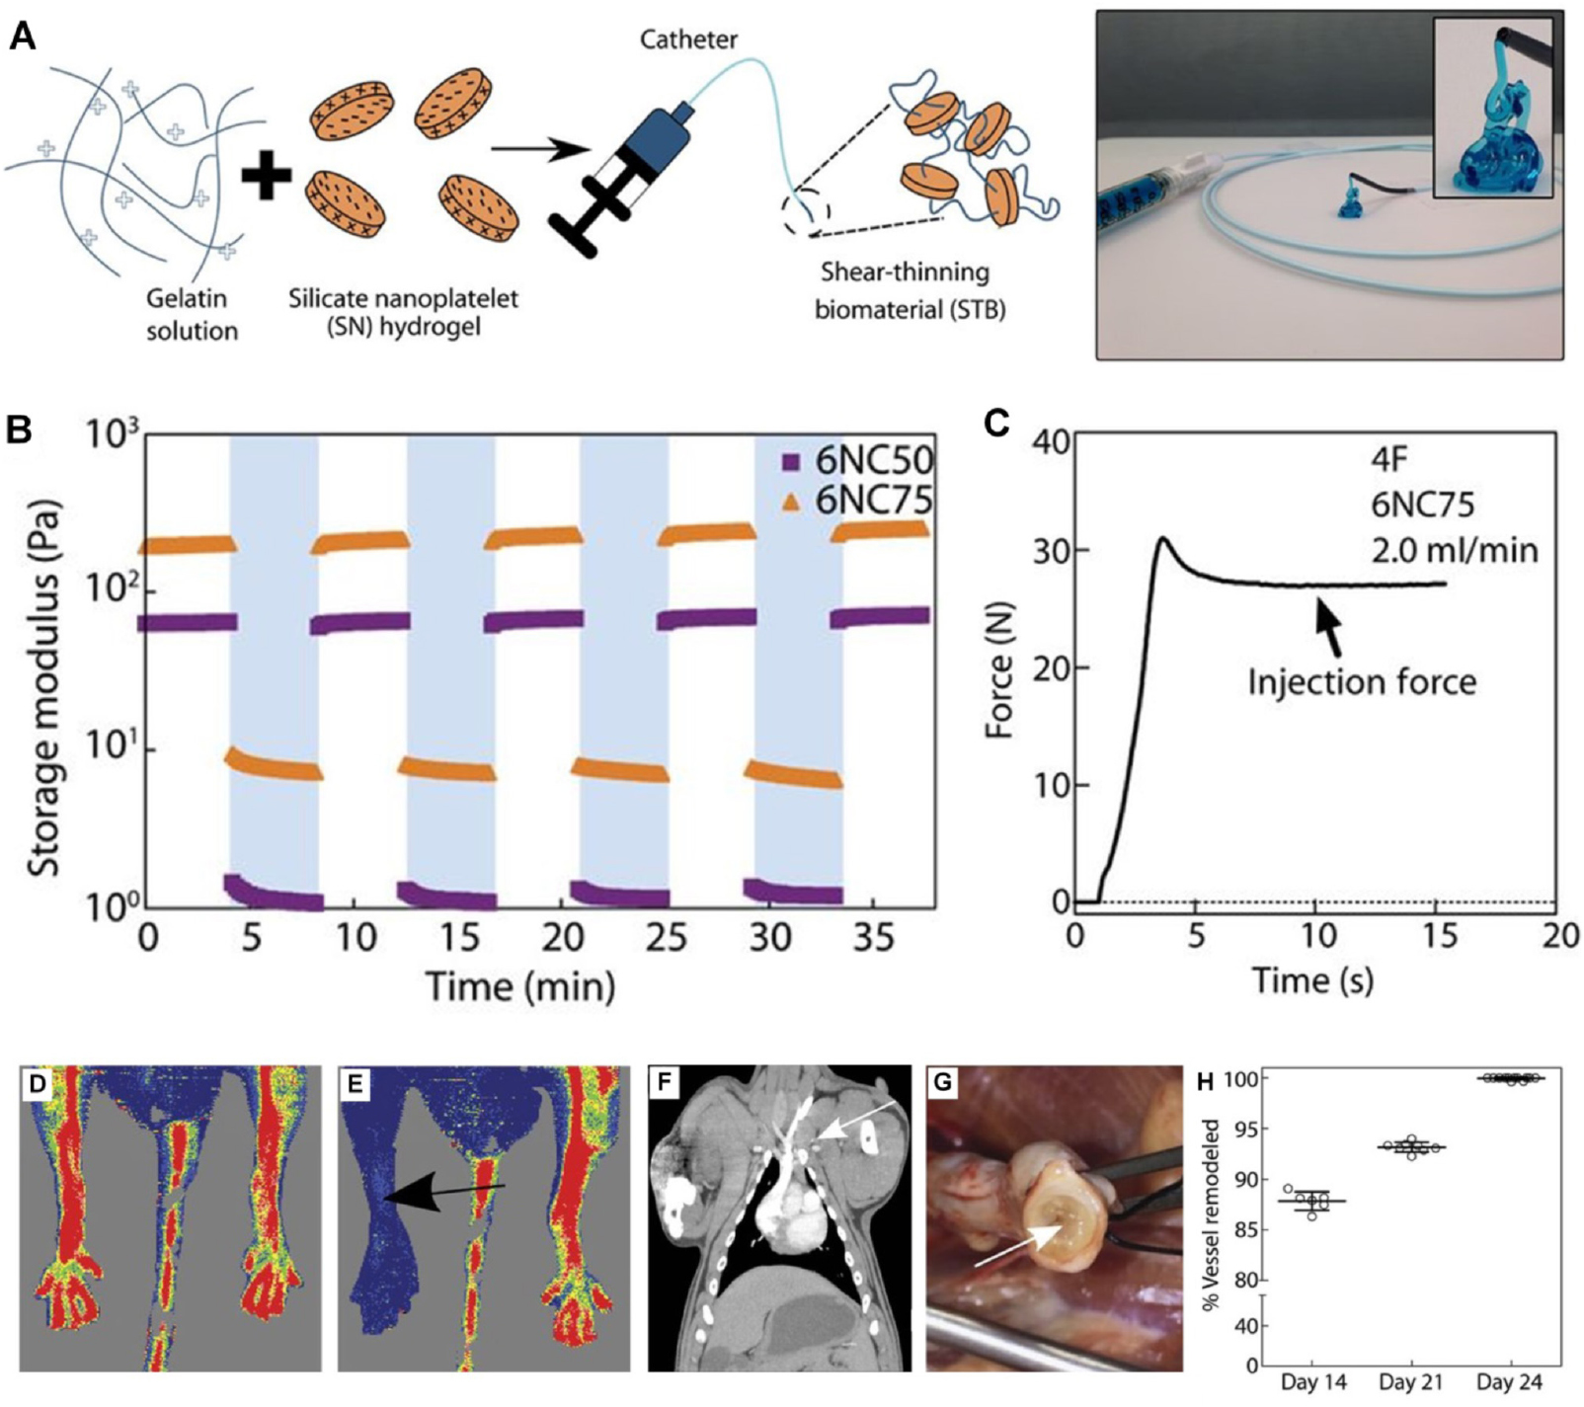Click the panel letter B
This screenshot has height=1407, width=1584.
[20, 430]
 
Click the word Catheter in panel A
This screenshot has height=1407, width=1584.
[688, 39]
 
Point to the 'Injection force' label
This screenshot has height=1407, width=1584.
[1362, 681]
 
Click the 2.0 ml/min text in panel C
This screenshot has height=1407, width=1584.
[1455, 549]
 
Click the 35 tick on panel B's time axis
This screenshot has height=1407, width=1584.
[874, 937]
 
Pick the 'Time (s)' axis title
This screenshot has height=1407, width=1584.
[1312, 980]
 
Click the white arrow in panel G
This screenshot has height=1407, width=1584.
[1021, 1246]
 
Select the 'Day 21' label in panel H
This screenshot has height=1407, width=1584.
[1411, 1382]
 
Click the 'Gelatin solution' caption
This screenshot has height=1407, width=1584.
[193, 314]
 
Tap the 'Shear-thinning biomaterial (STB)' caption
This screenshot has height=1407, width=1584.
[909, 290]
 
